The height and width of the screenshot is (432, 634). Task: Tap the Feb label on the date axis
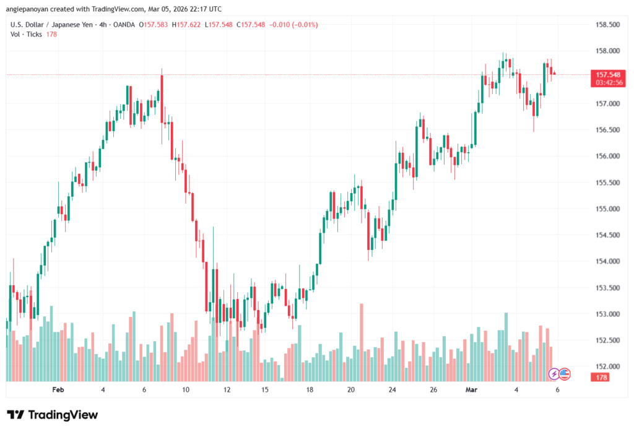coord(58,389)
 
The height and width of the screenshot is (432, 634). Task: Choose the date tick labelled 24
coord(392,389)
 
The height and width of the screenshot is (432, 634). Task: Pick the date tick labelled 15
coord(264,389)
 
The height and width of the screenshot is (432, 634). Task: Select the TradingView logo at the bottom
coord(52,415)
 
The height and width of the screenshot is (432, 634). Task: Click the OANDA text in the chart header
coord(123,24)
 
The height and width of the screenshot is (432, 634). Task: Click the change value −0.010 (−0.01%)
coord(291,24)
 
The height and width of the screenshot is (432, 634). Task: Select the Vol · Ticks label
coord(26,34)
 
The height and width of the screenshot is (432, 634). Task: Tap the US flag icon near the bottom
coord(565,373)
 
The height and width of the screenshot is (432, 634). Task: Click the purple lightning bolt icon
coord(554,373)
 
